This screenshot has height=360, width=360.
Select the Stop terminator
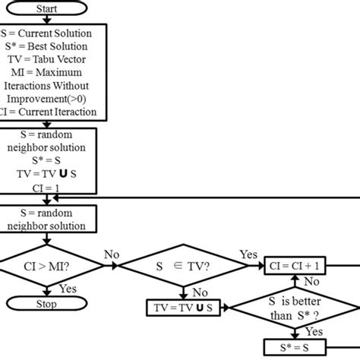tap(48, 304)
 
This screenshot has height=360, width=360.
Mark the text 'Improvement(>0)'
tap(48, 99)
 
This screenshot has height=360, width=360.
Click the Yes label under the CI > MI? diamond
tap(67, 289)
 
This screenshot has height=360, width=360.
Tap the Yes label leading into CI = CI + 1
tap(248, 254)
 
